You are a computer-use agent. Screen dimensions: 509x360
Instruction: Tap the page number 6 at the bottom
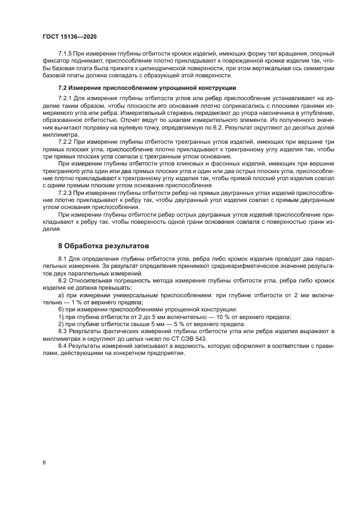point(44,462)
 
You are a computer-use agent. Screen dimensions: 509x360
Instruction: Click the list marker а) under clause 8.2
point(61,294)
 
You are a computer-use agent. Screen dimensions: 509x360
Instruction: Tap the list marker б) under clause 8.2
point(61,309)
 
